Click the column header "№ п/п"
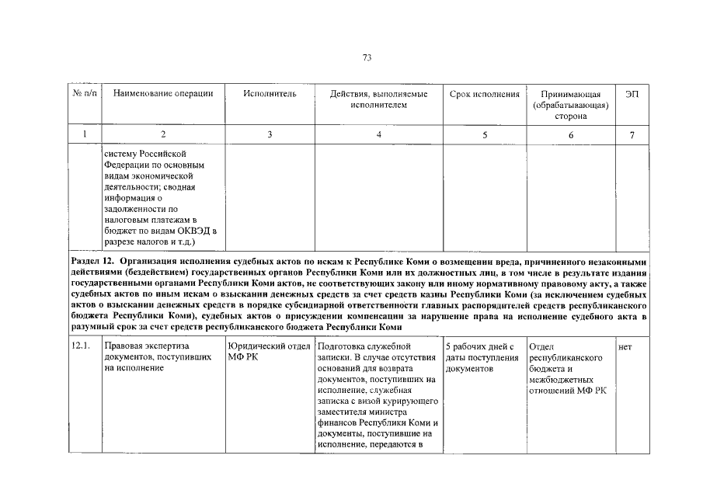85,94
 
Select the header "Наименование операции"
163,94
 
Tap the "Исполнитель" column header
270,94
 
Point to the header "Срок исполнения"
485,94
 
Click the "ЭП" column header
632,94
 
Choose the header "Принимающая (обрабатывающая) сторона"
571,105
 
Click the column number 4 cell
378,135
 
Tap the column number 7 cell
632,135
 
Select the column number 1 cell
85,135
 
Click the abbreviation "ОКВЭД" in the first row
190,231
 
